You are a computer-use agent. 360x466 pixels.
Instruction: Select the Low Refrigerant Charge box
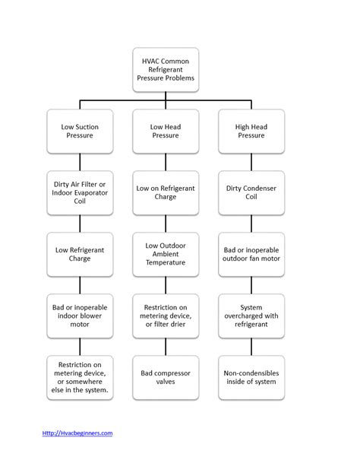point(78,252)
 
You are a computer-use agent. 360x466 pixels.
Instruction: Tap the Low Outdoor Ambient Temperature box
point(165,252)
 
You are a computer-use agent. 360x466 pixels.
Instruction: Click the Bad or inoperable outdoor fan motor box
point(251,252)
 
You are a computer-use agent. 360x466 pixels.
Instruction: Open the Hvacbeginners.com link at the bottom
point(77,433)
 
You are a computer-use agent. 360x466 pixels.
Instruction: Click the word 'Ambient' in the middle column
point(165,252)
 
